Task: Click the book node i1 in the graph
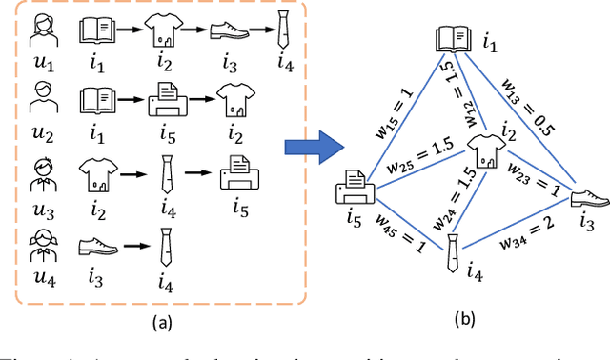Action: coord(452,40)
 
